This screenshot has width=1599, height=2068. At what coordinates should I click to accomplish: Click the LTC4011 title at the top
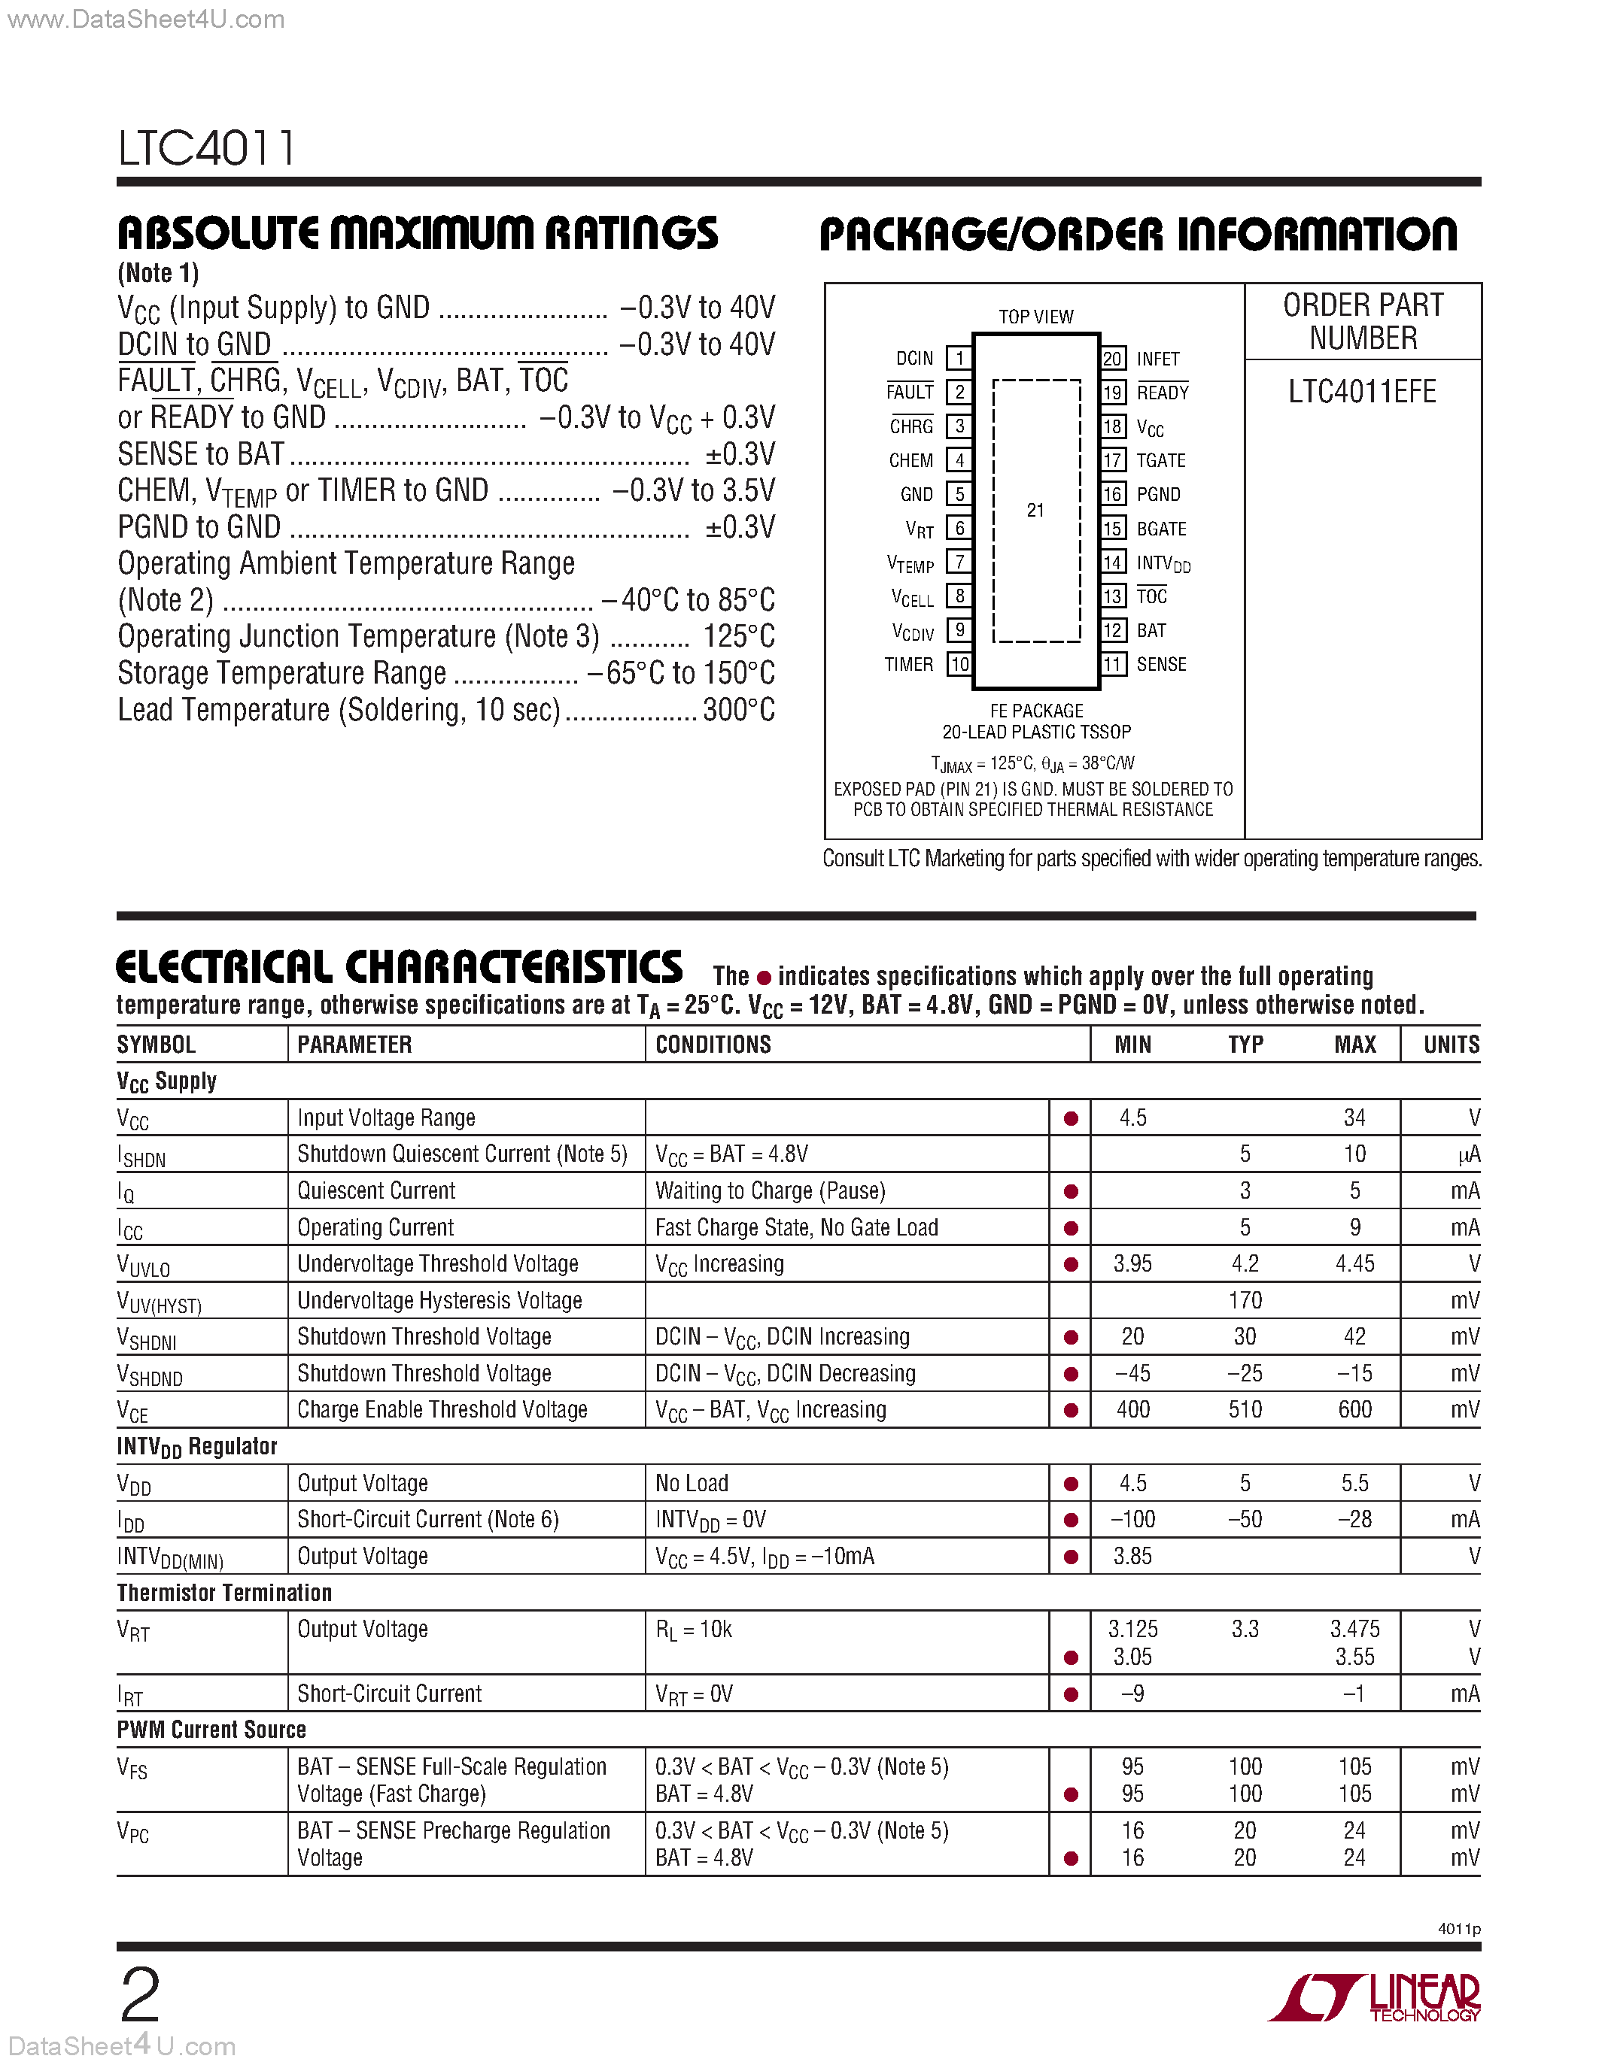point(206,149)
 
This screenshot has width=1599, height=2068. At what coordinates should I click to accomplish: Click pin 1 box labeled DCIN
point(959,358)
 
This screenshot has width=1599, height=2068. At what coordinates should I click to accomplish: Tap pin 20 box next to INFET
point(1112,359)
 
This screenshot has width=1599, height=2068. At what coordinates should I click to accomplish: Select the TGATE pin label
point(1160,460)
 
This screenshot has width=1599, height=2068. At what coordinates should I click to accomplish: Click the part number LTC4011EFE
point(1361,392)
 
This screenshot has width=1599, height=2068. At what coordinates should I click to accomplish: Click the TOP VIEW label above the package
point(1035,317)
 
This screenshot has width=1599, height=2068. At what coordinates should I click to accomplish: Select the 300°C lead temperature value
point(739,710)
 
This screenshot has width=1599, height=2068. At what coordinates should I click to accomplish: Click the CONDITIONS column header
point(713,1045)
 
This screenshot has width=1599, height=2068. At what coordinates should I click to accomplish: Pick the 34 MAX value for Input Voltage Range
point(1354,1118)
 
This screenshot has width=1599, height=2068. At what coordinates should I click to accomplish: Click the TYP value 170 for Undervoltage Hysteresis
point(1245,1301)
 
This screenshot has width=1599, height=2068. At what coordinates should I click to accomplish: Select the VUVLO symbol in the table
point(143,1265)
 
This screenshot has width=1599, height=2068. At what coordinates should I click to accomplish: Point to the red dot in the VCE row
point(1071,1411)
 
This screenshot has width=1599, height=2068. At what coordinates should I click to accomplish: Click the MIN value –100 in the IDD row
point(1133,1520)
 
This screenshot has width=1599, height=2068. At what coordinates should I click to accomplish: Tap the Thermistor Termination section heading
point(224,1593)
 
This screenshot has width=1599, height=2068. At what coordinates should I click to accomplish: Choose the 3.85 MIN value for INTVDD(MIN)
point(1133,1557)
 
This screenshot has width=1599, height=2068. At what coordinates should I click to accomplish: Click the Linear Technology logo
point(1373,1998)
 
